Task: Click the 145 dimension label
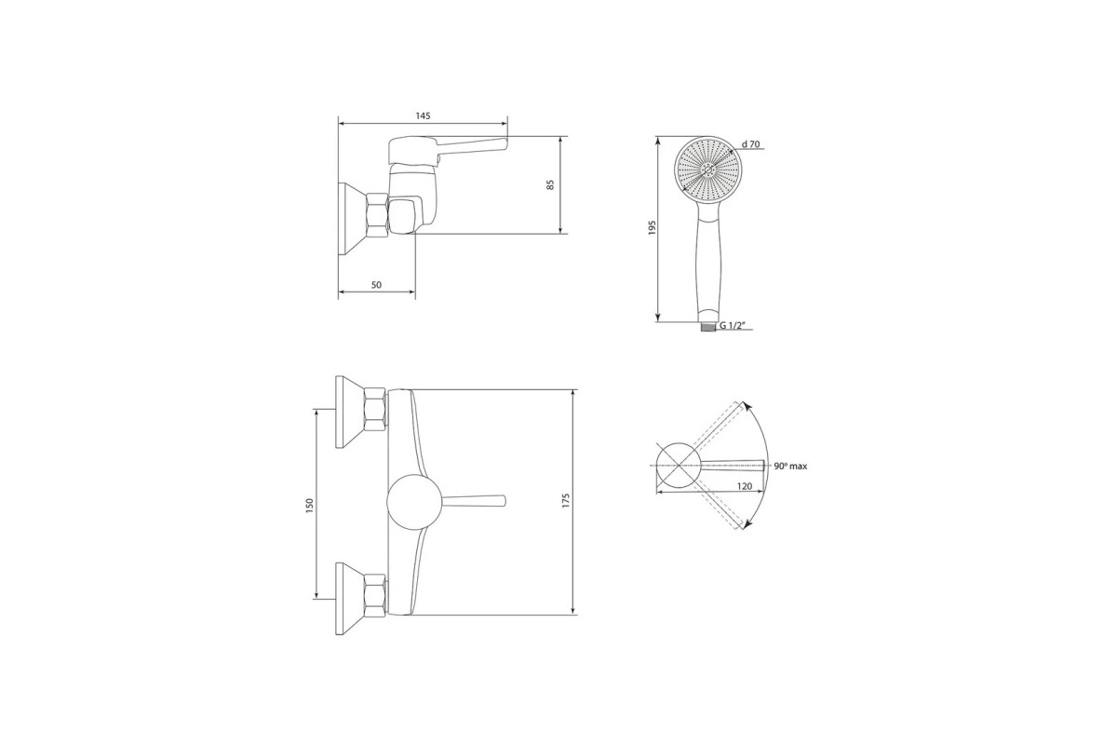[x=423, y=115]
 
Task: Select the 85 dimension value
[x=550, y=184]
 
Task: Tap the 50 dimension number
[x=376, y=285]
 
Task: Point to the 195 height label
[x=653, y=227]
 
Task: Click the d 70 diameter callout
[x=750, y=144]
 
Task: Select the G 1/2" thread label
[x=732, y=326]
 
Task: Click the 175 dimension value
[x=566, y=500]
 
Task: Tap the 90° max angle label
[x=790, y=466]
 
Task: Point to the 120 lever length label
[x=745, y=486]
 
